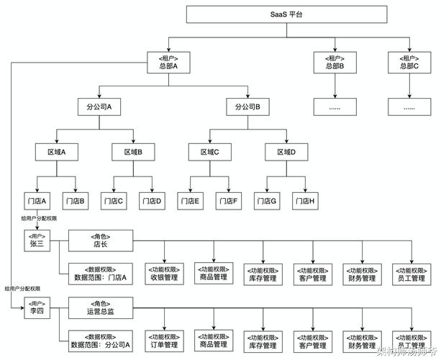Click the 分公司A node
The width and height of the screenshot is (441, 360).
coord(99,107)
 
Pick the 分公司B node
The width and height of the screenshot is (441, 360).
coord(247,107)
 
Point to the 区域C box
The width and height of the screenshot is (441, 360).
coord(209,153)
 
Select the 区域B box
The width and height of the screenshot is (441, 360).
coord(132,153)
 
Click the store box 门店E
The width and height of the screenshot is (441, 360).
coord(190,201)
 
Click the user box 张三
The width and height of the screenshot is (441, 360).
coord(37,240)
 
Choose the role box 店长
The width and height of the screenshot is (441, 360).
coord(101,240)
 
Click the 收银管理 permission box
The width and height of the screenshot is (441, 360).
coord(164,273)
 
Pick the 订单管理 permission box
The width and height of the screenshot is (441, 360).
coord(164,340)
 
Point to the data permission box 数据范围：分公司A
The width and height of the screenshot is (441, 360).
coord(101,340)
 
